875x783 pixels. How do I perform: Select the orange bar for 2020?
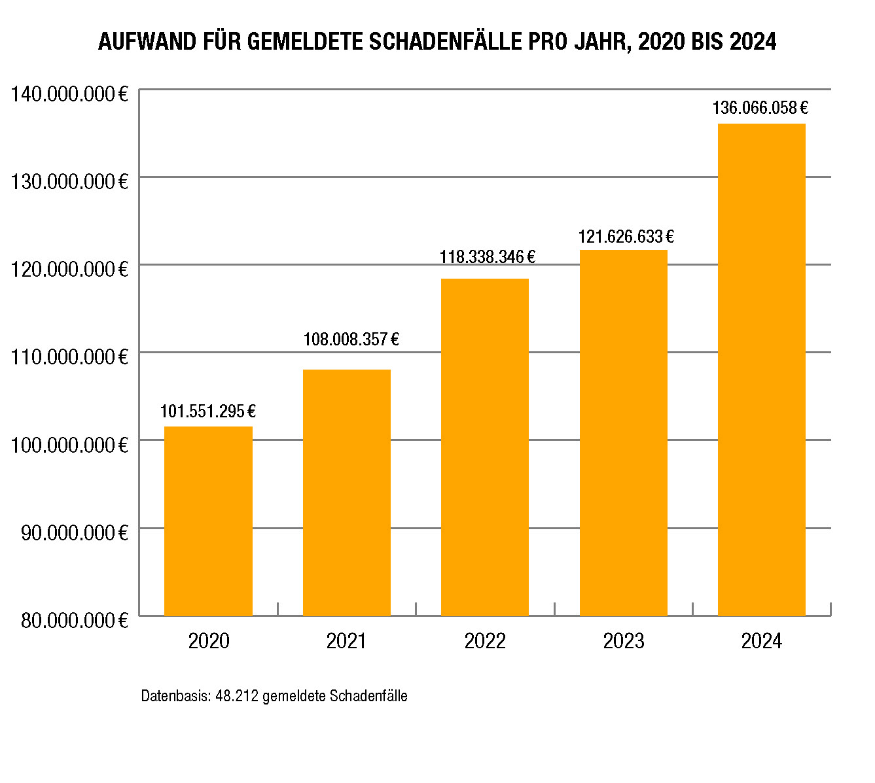pyautogui.click(x=208, y=521)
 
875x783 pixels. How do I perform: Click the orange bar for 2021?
pyautogui.click(x=347, y=493)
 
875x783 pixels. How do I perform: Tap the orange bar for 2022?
pyautogui.click(x=485, y=447)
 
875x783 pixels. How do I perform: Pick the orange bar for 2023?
pyautogui.click(x=624, y=433)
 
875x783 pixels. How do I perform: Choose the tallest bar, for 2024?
pyautogui.click(x=762, y=370)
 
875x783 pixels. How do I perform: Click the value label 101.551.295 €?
pyautogui.click(x=208, y=411)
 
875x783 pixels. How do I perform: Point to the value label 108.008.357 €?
pyautogui.click(x=351, y=339)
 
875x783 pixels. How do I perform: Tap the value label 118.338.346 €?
pyautogui.click(x=488, y=257)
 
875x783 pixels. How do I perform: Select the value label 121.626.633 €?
pyautogui.click(x=626, y=237)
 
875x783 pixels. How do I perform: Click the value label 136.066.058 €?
pyautogui.click(x=760, y=108)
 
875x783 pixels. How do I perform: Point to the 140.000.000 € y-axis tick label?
pyautogui.click(x=69, y=94)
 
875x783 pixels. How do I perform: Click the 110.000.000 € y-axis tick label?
pyautogui.click(x=69, y=357)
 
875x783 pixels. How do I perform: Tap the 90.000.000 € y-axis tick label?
pyautogui.click(x=75, y=532)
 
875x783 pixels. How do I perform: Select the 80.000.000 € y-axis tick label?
pyautogui.click(x=75, y=620)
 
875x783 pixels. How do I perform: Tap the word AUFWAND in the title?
pyautogui.click(x=147, y=42)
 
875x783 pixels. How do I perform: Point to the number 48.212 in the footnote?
pyautogui.click(x=237, y=696)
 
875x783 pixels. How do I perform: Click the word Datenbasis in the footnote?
pyautogui.click(x=176, y=696)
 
